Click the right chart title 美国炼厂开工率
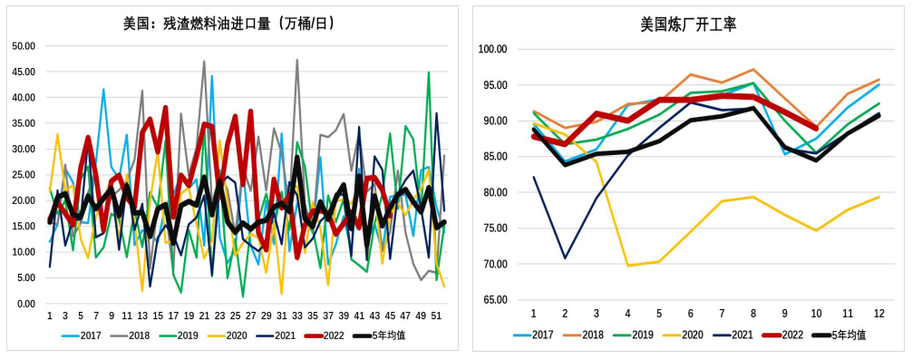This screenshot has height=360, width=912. click(688, 24)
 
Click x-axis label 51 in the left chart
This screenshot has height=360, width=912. click(436, 316)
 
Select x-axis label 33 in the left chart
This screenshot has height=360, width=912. click(296, 316)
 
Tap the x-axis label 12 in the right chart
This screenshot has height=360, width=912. click(878, 313)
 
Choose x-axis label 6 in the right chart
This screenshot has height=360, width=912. click(690, 313)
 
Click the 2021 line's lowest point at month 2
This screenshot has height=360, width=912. click(565, 258)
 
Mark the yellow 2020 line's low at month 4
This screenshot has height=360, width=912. click(627, 266)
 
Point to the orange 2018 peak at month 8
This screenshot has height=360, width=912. click(753, 69)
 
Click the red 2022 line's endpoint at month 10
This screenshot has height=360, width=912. click(816, 129)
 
